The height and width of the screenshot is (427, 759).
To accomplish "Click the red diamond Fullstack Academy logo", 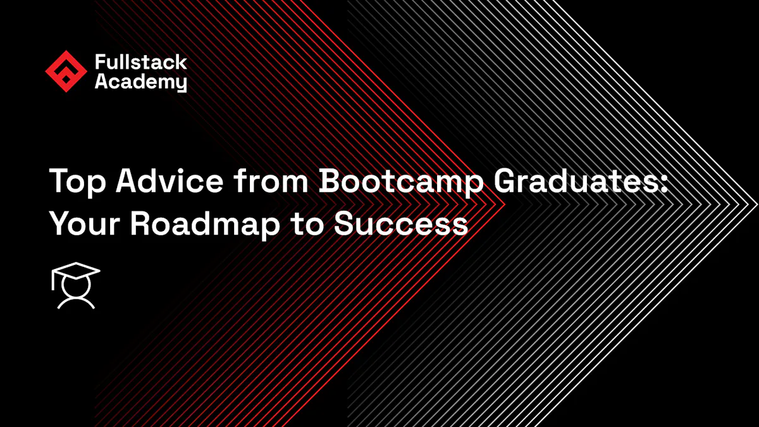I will (66, 71).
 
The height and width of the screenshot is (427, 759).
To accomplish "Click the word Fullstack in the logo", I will (140, 62).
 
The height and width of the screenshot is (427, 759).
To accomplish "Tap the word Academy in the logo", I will (140, 82).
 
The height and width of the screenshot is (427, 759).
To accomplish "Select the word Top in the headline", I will (75, 182).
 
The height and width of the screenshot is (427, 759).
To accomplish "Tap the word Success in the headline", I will (401, 223).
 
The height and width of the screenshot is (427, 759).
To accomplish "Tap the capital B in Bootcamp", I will (331, 182).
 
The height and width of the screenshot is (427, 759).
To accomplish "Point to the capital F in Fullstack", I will (100, 62).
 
